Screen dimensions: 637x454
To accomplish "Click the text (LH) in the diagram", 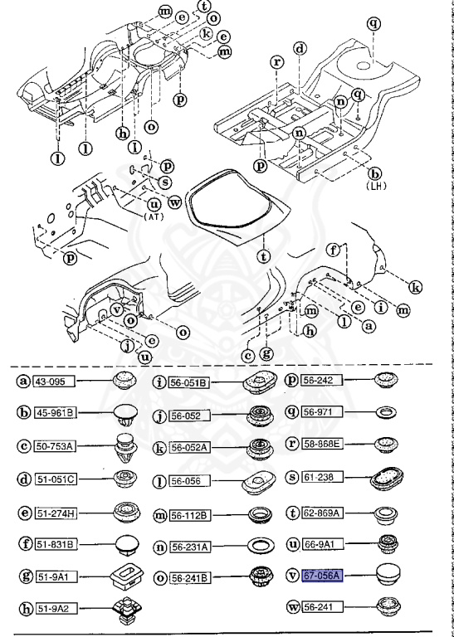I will pyautogui.click(x=379, y=187).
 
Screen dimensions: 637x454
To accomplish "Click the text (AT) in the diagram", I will pyautogui.click(x=154, y=216).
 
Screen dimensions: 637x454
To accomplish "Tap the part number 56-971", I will pyautogui.click(x=320, y=411).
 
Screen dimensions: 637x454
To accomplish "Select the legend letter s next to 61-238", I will pyautogui.click(x=290, y=479).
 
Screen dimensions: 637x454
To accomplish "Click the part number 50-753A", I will pyautogui.click(x=54, y=446).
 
